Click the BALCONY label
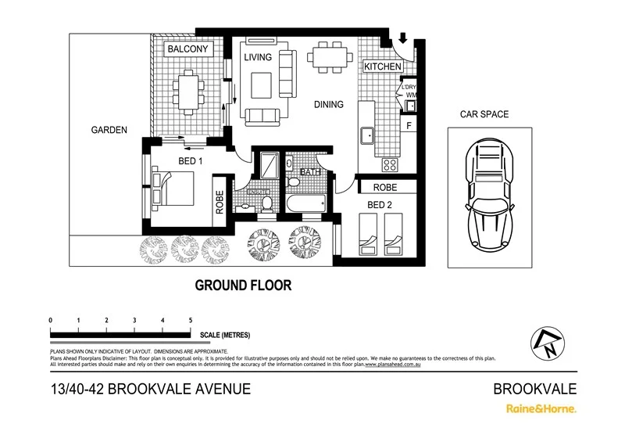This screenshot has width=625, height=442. point(187,49)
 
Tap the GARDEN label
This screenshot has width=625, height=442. point(108,131)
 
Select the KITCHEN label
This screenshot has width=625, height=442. point(383,67)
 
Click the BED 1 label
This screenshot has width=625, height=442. point(191,161)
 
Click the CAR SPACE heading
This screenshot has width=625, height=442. point(484,114)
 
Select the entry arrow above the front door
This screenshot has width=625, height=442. point(402,37)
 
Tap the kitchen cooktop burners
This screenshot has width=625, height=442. point(388,165)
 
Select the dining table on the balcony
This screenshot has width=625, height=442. point(187,92)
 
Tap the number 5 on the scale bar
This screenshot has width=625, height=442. point(191,321)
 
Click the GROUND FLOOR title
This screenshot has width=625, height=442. point(243,286)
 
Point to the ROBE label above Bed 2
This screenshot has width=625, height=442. point(385,188)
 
